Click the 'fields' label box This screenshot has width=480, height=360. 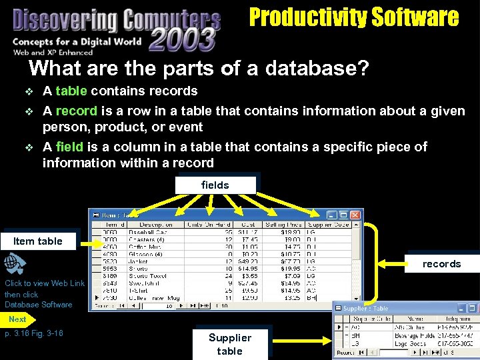215,185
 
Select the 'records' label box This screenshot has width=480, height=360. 441,264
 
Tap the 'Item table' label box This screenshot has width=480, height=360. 38,241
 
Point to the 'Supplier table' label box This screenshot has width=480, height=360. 230,344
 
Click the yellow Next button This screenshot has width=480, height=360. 17,319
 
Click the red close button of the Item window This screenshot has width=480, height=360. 355,215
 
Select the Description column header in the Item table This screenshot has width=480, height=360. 152,225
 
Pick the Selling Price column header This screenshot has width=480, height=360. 283,225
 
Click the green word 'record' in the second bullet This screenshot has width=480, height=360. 76,111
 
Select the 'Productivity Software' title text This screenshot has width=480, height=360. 354,17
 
